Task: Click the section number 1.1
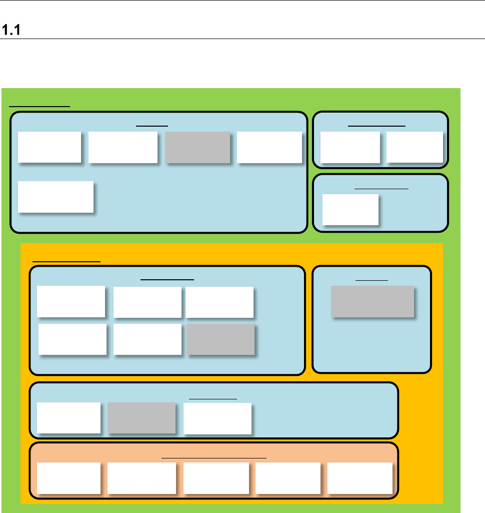(x=11, y=31)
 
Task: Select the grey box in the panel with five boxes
(x=197, y=147)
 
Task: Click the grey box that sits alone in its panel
(x=372, y=301)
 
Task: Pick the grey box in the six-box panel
(x=220, y=339)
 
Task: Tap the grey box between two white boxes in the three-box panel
(x=141, y=418)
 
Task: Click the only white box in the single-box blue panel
(x=350, y=209)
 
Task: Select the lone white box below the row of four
(x=55, y=197)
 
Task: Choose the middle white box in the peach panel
(x=216, y=477)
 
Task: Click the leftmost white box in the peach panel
(x=68, y=477)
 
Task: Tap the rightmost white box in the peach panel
(x=359, y=477)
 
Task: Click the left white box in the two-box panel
(x=349, y=147)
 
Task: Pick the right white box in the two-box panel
(x=414, y=147)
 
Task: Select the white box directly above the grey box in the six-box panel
(x=219, y=302)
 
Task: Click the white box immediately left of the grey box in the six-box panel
(x=147, y=339)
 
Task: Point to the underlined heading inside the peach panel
(x=214, y=457)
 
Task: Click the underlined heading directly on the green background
(x=40, y=106)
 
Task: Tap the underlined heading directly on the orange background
(x=66, y=261)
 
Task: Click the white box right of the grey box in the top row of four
(x=269, y=147)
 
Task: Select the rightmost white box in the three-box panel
(x=217, y=418)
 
